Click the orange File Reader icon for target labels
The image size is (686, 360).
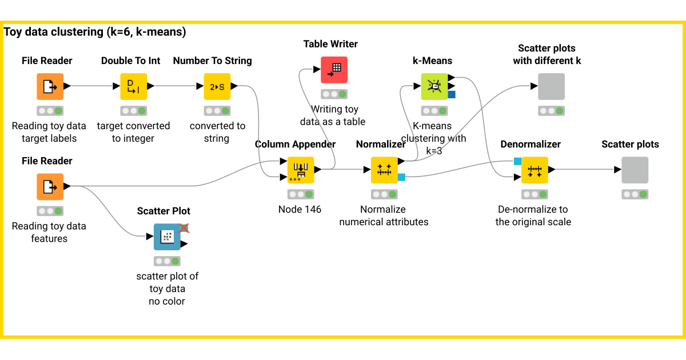50,86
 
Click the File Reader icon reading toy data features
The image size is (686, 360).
50,187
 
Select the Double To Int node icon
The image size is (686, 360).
133,86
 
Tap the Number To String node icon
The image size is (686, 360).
217,86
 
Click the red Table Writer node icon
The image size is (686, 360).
334,70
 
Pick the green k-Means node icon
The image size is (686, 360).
434,86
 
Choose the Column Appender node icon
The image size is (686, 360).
301,170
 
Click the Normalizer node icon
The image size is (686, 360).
384,170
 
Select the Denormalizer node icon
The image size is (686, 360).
535,170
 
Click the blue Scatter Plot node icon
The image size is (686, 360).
167,237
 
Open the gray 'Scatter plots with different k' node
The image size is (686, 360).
551,86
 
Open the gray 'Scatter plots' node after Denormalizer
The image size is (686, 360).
635,170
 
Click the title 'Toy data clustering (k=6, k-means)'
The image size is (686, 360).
95,32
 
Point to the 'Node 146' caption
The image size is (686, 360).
300,209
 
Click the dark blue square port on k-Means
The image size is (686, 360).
452,94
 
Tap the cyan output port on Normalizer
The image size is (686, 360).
401,177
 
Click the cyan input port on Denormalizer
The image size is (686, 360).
517,161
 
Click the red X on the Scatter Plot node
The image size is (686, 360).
184,228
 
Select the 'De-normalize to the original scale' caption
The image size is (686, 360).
533,215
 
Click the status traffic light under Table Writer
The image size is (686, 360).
334,94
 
